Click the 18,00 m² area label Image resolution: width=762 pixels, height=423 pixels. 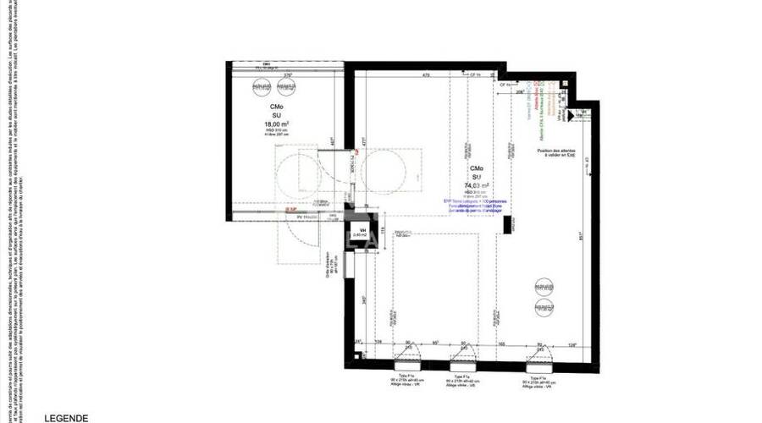(277, 123)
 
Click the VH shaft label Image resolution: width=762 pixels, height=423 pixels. (362, 230)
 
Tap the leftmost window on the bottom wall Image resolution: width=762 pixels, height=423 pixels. (406, 354)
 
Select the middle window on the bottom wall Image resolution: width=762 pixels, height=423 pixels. (463, 354)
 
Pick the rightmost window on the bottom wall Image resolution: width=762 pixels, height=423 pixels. (537, 354)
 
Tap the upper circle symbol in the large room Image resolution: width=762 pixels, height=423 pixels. (542, 287)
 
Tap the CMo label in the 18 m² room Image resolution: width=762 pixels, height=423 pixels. (277, 107)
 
